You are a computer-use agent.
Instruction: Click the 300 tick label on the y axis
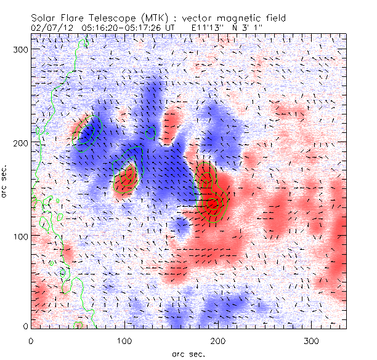point(21,49)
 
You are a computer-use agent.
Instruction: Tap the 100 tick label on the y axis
point(21,236)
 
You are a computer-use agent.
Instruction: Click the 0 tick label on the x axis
point(31,340)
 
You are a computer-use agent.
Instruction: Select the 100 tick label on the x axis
point(124,340)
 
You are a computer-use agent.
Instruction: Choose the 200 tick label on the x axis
point(218,340)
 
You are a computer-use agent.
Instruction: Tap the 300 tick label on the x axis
point(312,340)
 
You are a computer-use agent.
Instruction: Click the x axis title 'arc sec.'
point(188,354)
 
